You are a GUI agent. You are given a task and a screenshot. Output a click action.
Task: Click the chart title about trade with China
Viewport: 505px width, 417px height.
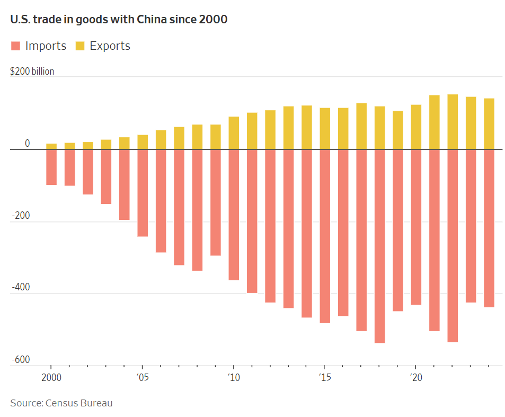119,20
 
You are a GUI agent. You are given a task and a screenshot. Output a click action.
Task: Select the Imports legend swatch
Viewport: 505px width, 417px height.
15,46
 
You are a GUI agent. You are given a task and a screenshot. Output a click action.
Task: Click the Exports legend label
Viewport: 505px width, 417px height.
110,46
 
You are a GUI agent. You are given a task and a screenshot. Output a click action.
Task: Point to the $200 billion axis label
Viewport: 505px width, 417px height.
32,72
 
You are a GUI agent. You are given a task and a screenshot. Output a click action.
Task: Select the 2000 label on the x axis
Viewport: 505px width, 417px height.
51,378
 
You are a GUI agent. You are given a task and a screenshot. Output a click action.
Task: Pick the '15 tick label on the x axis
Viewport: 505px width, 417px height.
325,378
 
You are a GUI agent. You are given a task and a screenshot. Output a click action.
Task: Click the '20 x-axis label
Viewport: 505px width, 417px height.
416,378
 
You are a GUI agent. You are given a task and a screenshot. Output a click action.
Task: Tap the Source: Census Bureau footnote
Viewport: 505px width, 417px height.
61,403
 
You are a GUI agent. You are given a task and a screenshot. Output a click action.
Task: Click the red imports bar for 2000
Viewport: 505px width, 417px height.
51,167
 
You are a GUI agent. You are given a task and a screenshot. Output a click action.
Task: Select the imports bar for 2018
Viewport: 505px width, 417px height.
379,246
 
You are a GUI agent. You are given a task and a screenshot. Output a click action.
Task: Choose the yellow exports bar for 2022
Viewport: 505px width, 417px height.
453,122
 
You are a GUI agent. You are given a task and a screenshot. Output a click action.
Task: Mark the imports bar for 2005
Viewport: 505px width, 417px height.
143,193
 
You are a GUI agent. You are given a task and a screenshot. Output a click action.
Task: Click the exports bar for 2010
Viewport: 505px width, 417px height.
234,133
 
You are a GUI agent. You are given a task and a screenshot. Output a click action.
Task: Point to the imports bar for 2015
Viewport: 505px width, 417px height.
325,236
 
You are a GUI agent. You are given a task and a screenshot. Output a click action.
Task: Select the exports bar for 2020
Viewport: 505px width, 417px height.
416,127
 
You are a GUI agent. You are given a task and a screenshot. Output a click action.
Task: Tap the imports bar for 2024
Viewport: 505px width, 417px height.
489,228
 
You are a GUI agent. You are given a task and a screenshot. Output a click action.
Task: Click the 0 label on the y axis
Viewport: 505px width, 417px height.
27,144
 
